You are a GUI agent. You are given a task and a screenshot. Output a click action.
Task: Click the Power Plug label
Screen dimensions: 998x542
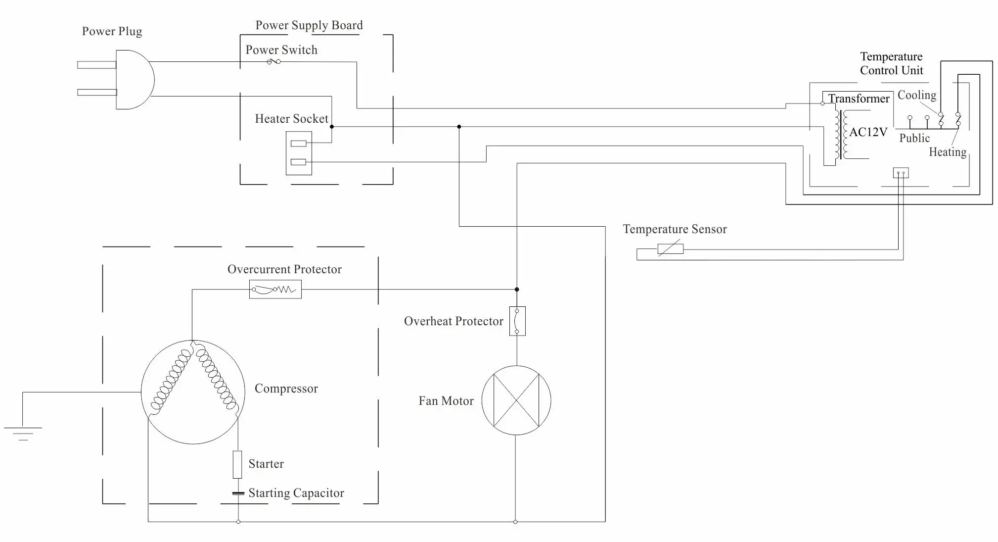pyautogui.click(x=112, y=32)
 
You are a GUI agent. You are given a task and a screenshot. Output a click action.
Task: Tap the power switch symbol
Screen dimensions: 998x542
pyautogui.click(x=274, y=61)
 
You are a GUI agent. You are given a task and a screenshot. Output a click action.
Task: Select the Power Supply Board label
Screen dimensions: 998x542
pyautogui.click(x=309, y=26)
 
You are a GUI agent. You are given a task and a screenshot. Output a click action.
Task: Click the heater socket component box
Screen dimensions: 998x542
pyautogui.click(x=299, y=153)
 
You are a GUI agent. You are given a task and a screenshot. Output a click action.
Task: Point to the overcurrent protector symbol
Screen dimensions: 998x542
pyautogui.click(x=275, y=290)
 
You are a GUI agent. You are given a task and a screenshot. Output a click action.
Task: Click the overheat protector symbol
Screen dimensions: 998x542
pyautogui.click(x=517, y=321)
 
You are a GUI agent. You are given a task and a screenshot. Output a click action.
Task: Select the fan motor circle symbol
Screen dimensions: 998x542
pyautogui.click(x=516, y=400)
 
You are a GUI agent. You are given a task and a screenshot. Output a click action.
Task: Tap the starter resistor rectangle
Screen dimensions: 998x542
pyautogui.click(x=237, y=464)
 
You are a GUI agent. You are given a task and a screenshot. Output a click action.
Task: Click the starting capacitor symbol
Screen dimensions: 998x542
pyautogui.click(x=238, y=493)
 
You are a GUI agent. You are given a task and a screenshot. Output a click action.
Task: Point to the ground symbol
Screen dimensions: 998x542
pyautogui.click(x=23, y=433)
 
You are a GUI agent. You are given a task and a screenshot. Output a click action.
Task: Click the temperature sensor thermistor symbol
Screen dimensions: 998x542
pyautogui.click(x=671, y=249)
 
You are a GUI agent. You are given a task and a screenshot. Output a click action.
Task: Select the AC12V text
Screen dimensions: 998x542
pyautogui.click(x=868, y=132)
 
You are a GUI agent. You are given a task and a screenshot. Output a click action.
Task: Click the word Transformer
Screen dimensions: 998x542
pyautogui.click(x=859, y=99)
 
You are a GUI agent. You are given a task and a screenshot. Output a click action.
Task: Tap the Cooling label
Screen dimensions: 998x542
pyautogui.click(x=917, y=95)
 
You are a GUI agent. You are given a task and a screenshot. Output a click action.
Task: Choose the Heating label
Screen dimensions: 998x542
pyautogui.click(x=948, y=152)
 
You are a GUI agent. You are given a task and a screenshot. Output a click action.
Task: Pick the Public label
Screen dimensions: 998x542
pyautogui.click(x=914, y=138)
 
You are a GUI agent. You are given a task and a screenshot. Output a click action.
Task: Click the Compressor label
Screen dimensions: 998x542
pyautogui.click(x=286, y=389)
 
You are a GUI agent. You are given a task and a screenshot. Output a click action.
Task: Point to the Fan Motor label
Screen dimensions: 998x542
pyautogui.click(x=446, y=401)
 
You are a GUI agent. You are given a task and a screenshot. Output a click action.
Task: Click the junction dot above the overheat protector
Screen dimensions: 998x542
pyautogui.click(x=517, y=290)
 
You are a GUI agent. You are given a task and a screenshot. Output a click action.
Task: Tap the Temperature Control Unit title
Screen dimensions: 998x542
pyautogui.click(x=891, y=63)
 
